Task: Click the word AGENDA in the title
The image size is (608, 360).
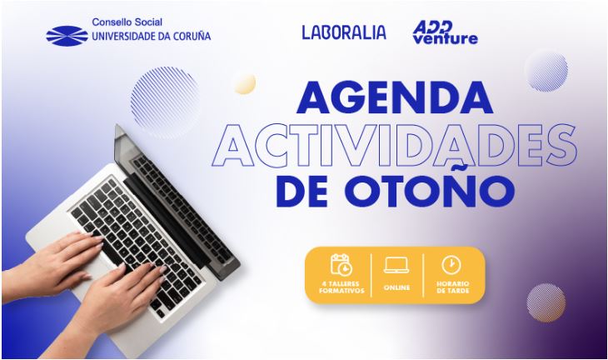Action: click(395, 97)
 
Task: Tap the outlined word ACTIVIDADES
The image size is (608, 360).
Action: click(395, 146)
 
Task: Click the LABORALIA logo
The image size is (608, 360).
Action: click(344, 32)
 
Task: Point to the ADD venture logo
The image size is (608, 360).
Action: click(445, 32)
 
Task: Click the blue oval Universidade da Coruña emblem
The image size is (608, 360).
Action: click(67, 36)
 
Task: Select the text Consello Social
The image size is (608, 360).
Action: click(127, 22)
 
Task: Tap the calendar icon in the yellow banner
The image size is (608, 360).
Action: click(341, 264)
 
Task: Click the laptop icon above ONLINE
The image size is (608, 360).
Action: click(396, 265)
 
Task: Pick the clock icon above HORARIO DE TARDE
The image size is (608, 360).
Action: click(451, 265)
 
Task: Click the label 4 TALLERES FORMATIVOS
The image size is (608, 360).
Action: click(341, 287)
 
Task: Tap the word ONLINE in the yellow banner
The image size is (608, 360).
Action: click(396, 287)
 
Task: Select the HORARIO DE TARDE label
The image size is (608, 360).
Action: click(452, 287)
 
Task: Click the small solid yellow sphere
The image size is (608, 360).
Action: click(245, 84)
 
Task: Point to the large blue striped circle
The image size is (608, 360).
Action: click(166, 102)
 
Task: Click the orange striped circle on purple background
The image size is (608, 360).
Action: click(546, 302)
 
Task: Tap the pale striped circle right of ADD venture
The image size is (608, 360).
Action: click(546, 72)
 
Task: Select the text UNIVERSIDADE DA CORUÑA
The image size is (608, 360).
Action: click(152, 37)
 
